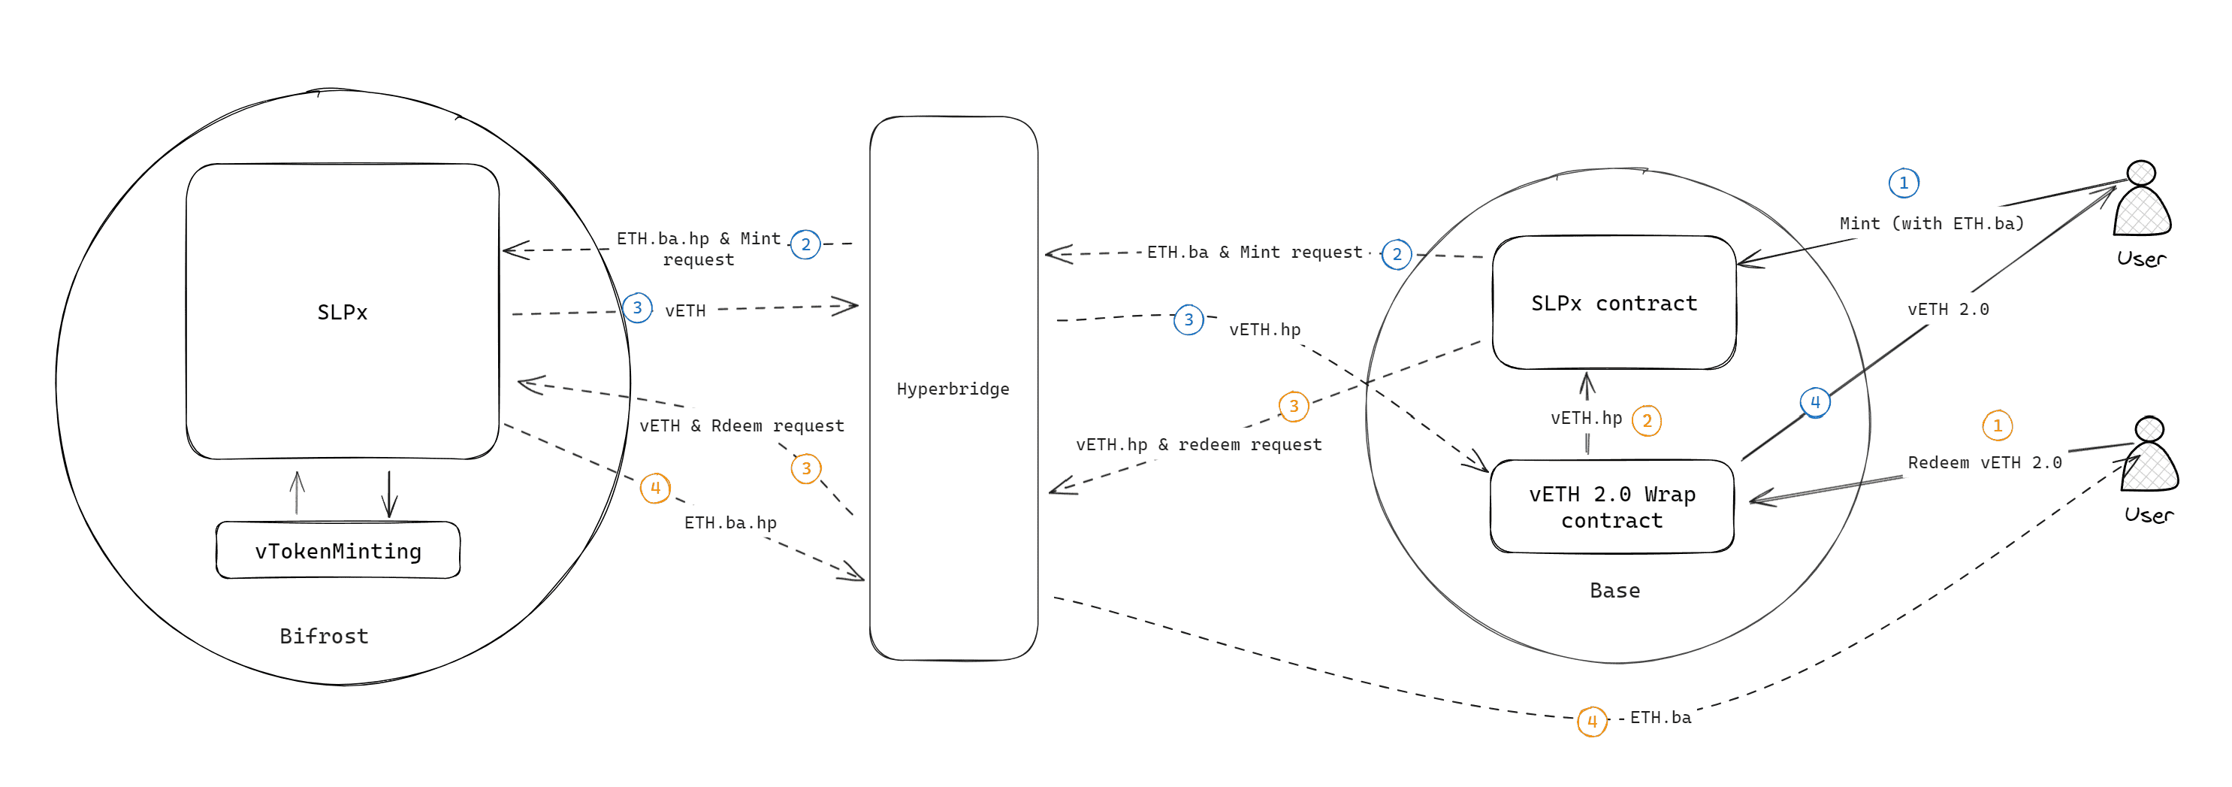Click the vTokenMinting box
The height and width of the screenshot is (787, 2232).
click(x=338, y=550)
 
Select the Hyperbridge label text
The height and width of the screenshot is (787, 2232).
click(x=953, y=389)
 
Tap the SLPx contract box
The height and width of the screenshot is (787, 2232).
click(x=1614, y=304)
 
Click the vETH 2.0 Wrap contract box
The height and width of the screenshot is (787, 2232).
click(x=1611, y=507)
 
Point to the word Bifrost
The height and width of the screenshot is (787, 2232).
click(x=324, y=636)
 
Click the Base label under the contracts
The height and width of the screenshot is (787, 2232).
click(x=1614, y=590)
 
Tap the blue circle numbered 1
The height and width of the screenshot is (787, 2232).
click(x=1904, y=183)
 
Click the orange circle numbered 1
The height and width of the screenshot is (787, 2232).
click(x=1997, y=425)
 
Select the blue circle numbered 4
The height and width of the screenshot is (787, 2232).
click(x=1814, y=402)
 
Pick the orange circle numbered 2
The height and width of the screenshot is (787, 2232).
click(x=1646, y=420)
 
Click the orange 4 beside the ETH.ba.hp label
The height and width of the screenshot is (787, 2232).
click(x=655, y=488)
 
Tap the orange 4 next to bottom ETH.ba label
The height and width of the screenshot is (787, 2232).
click(x=1592, y=721)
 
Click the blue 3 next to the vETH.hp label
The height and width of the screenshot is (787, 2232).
click(x=1188, y=319)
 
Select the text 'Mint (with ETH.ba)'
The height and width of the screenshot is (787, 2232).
click(x=1931, y=223)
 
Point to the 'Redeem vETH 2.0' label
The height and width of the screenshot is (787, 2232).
click(x=1984, y=463)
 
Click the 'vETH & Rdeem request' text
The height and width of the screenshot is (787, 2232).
click(x=741, y=425)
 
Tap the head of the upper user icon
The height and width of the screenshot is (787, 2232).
click(x=2141, y=172)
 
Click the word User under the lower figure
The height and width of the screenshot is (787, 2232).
click(x=2148, y=515)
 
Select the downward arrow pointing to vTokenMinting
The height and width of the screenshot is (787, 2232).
click(x=389, y=495)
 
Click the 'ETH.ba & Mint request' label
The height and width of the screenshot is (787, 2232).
click(x=1254, y=253)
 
